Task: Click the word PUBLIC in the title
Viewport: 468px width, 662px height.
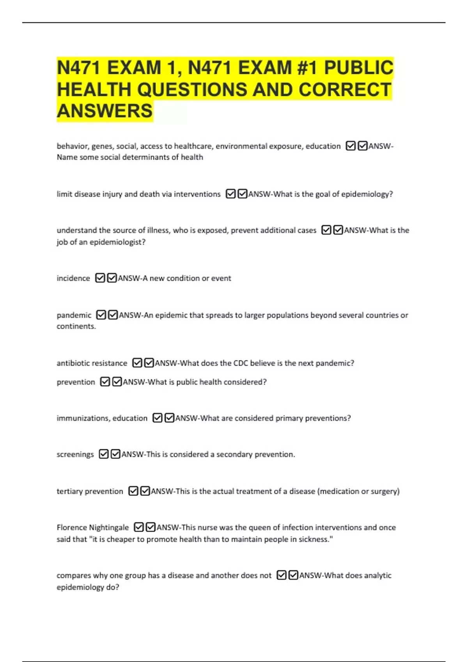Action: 358,68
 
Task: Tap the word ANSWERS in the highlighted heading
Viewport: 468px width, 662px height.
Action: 105,111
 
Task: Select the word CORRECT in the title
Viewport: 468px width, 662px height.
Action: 345,90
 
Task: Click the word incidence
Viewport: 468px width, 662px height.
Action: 73,278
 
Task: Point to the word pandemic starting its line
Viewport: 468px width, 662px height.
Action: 74,315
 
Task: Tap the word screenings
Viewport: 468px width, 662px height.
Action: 75,454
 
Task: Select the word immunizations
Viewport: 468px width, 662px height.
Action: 82,418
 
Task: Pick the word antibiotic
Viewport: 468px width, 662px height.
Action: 73,363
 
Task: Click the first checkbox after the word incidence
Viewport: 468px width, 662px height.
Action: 100,278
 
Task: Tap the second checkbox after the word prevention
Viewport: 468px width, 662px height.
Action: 117,382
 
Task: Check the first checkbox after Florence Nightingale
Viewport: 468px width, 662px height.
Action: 139,527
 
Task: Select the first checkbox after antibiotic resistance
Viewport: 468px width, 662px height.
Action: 137,363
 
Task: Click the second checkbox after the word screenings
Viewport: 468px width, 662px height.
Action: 115,454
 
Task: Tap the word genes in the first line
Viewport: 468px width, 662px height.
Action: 102,146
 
